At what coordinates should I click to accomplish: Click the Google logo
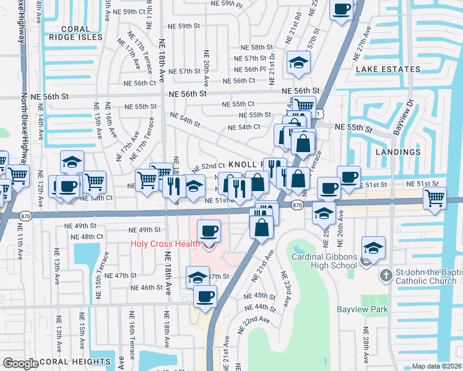pos(20,364)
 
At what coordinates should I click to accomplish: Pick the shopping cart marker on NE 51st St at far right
pos(435,198)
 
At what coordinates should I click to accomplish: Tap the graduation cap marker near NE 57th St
pos(298,62)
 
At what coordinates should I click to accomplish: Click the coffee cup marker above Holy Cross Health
pos(208,231)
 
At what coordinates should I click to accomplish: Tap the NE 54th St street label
pos(185,119)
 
